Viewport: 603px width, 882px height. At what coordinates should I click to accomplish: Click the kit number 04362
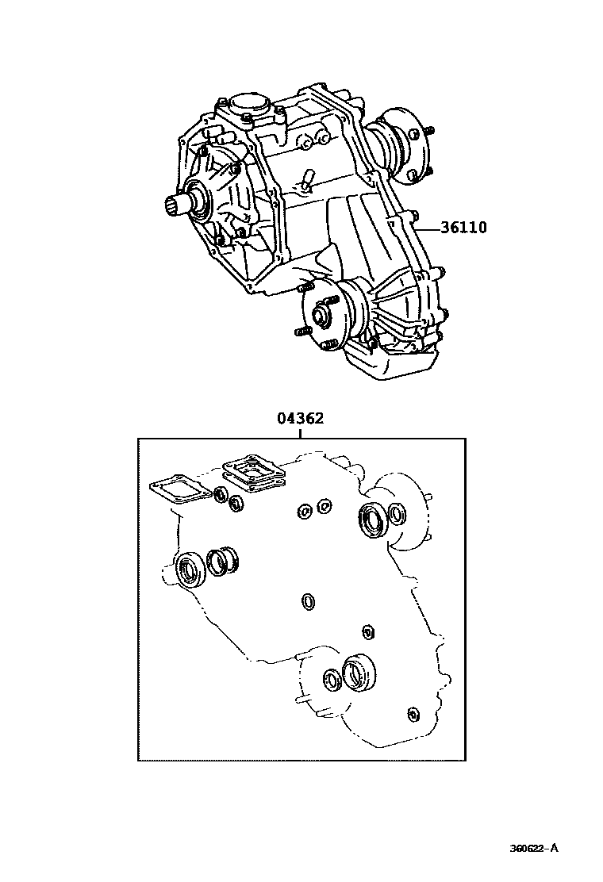tap(300, 418)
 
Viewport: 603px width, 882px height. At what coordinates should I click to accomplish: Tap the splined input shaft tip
tap(175, 209)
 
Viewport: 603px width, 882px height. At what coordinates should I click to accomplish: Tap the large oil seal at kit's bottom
tap(359, 672)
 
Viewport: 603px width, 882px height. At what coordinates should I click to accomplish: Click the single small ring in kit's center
tap(308, 602)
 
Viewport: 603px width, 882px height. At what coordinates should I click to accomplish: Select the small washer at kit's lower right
tap(411, 715)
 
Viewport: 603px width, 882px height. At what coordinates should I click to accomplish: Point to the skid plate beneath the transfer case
tap(389, 362)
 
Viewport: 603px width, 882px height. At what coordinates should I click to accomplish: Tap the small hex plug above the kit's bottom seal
tap(367, 631)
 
